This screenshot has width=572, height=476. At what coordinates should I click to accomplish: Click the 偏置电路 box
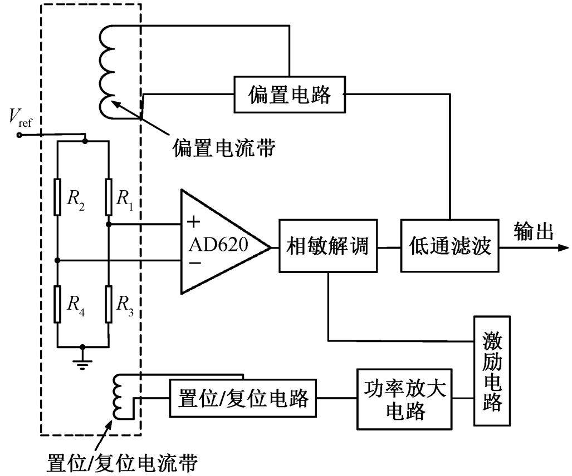click(289, 95)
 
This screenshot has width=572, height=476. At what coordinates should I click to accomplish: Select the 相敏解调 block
click(327, 245)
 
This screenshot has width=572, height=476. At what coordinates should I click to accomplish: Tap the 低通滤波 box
click(449, 245)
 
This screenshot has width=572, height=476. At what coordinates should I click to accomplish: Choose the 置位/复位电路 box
click(243, 399)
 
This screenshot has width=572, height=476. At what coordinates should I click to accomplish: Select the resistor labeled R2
click(58, 197)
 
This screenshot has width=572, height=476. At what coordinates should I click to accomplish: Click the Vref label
click(20, 117)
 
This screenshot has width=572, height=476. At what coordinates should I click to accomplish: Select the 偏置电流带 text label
click(223, 147)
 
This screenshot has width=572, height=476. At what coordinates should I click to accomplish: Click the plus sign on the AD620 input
click(193, 223)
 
